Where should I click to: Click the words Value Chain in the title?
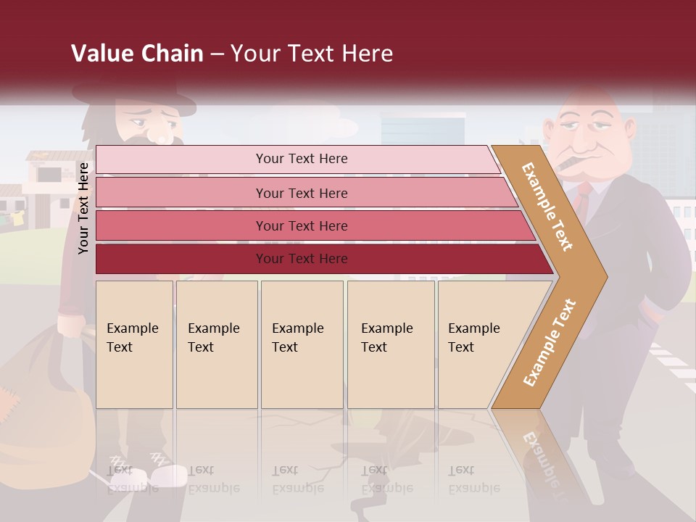pyautogui.click(x=137, y=54)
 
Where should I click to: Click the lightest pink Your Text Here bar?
pyautogui.click(x=301, y=159)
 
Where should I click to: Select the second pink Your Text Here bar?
pyautogui.click(x=301, y=193)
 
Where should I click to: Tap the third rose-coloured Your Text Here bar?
pyautogui.click(x=301, y=225)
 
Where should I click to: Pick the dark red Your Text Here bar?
pyautogui.click(x=301, y=259)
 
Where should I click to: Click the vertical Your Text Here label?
pyautogui.click(x=84, y=209)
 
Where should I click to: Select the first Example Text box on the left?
pyautogui.click(x=134, y=344)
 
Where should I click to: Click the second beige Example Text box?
pyautogui.click(x=216, y=344)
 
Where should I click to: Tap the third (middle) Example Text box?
pyautogui.click(x=302, y=344)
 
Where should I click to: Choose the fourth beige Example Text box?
pyautogui.click(x=390, y=344)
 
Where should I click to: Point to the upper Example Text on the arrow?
pyautogui.click(x=548, y=207)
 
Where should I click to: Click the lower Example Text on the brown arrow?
pyautogui.click(x=550, y=342)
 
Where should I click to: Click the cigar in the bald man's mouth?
pyautogui.click(x=570, y=161)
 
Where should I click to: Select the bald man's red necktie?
pyautogui.click(x=582, y=199)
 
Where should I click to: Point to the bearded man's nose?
pyautogui.click(x=155, y=133)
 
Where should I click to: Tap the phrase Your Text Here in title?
pyautogui.click(x=312, y=54)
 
